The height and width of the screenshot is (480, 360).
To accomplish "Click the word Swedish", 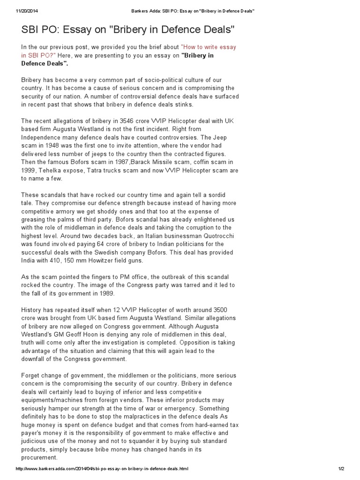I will [x=139, y=253].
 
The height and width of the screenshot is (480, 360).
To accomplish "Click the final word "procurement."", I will [x=39, y=458].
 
